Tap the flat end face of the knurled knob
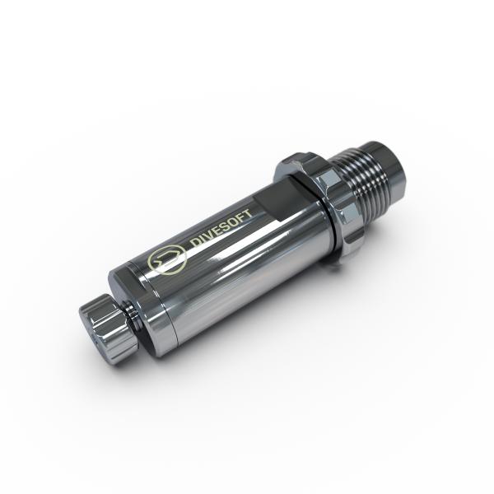91,328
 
